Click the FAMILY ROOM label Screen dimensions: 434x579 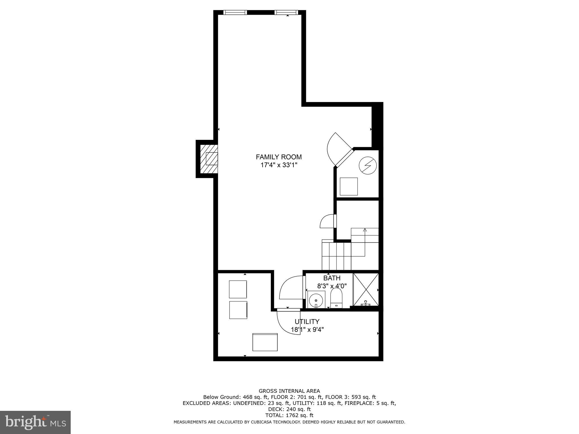tap(279, 157)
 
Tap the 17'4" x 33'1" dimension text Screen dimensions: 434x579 tap(279, 165)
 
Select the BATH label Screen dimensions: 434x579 tap(332, 278)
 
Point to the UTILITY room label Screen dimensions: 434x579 tap(307, 322)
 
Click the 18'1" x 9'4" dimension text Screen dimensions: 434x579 tap(307, 329)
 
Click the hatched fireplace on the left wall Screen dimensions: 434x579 tap(209, 159)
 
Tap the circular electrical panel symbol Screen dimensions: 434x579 tap(368, 165)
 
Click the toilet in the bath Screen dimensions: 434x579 tap(336, 298)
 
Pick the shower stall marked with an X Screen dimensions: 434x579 tap(366, 289)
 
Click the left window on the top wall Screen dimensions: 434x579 tap(235, 12)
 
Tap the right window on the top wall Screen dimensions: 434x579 tap(286, 12)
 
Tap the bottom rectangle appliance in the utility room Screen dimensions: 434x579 tap(265, 342)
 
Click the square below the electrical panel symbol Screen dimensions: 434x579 tap(349, 186)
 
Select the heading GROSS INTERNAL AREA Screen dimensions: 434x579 tap(289, 391)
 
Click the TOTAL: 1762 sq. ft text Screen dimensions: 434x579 tap(289, 415)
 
